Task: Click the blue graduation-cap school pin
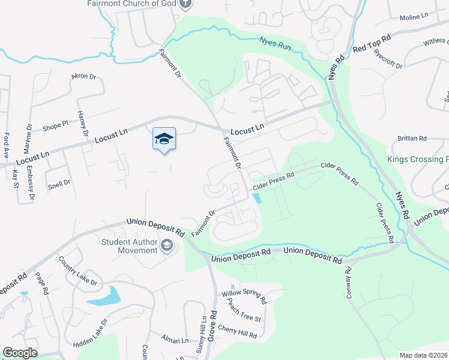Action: tap(164, 139)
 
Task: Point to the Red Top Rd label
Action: tap(372, 43)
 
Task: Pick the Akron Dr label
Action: tap(83, 77)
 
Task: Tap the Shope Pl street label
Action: tap(56, 127)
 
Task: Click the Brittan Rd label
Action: tap(411, 139)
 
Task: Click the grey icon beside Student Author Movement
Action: tap(167, 245)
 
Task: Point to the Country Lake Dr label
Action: tap(78, 270)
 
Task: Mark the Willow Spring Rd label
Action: tap(243, 295)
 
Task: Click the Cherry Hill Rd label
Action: tap(237, 331)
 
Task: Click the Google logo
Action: tap(20, 353)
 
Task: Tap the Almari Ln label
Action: tap(175, 340)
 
